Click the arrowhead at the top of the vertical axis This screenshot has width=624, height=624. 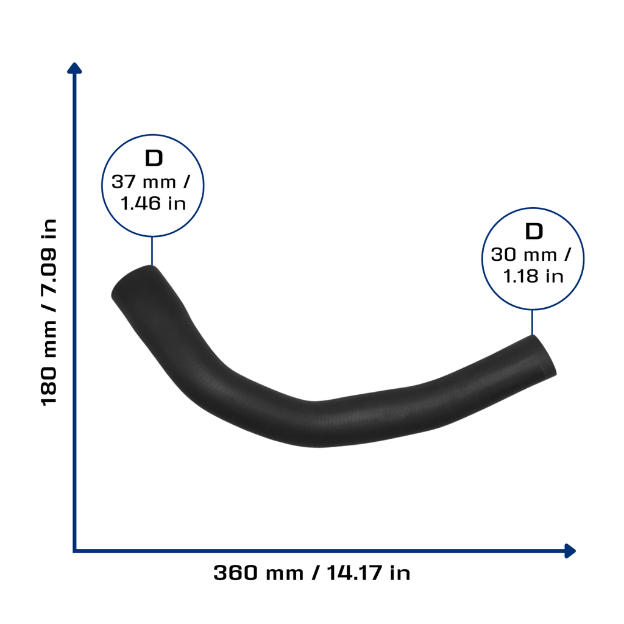pyautogui.click(x=74, y=68)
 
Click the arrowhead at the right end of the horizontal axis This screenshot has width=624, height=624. pyautogui.click(x=570, y=551)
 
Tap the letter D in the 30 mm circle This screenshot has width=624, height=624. pyautogui.click(x=534, y=231)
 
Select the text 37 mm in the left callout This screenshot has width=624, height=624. pyautogui.click(x=144, y=182)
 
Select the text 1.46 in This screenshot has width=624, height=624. pyautogui.click(x=153, y=204)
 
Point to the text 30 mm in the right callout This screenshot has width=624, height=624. pyautogui.click(x=523, y=255)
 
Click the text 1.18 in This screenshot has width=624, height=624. pyautogui.click(x=533, y=276)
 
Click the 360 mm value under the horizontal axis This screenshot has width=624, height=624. pyautogui.click(x=258, y=573)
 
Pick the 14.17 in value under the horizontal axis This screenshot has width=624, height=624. pyautogui.click(x=369, y=573)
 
